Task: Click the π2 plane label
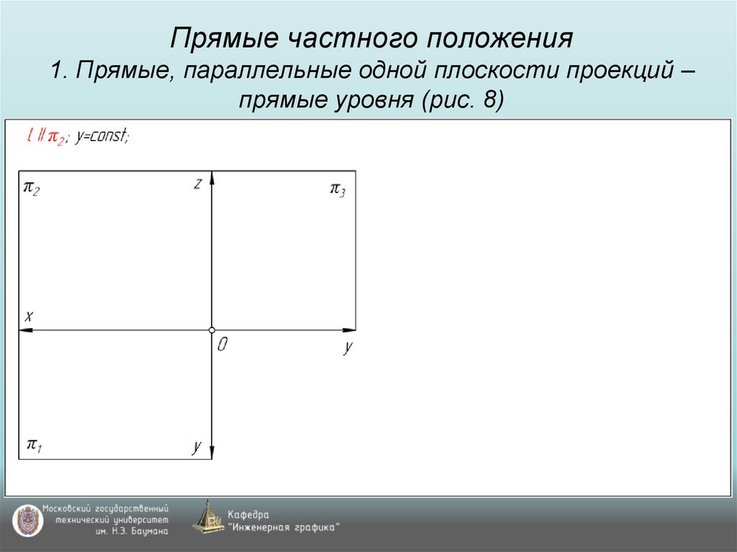32,189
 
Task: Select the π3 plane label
338,189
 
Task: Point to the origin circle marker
212,330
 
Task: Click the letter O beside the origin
222,345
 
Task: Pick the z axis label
197,184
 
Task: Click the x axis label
29,315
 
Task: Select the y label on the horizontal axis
348,347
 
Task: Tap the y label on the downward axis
196,446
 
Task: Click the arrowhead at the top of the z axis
212,178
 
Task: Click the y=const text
102,136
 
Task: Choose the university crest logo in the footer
25,519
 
